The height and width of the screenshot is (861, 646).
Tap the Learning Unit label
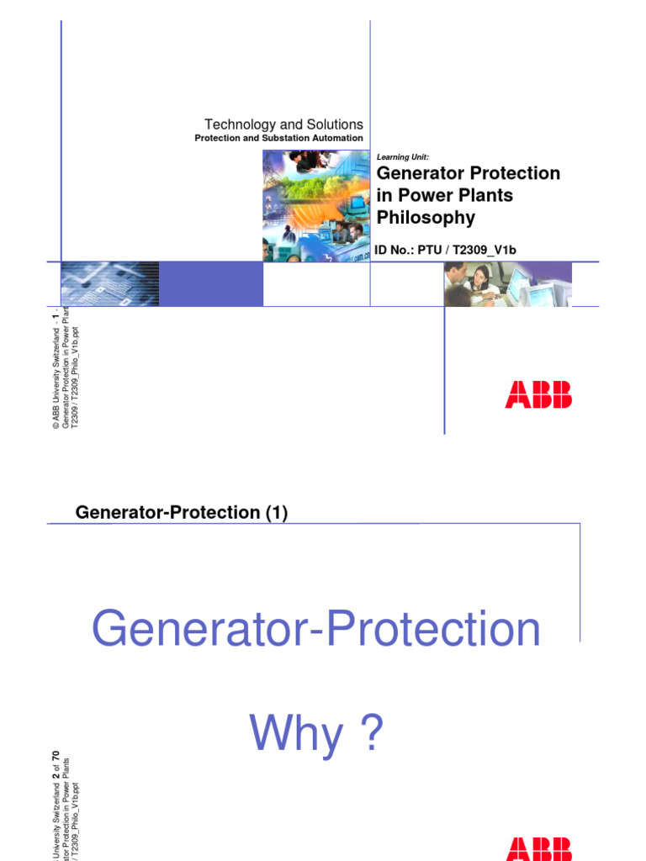coord(402,157)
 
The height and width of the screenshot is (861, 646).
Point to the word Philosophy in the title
coord(426,218)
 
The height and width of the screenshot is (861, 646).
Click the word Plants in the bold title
coord(484,196)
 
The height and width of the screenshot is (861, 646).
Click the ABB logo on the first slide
coord(537,394)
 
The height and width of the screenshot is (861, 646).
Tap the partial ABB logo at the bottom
coord(537,851)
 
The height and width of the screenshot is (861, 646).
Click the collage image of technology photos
coord(316,205)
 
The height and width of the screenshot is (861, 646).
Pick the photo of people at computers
coord(507,284)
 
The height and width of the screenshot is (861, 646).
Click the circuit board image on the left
coord(110,284)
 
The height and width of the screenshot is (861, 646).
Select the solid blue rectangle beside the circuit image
coord(210,284)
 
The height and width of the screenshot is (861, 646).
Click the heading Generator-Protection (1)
coord(182,513)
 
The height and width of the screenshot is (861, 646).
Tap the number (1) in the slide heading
coord(273,513)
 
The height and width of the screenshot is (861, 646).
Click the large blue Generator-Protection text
coord(315,631)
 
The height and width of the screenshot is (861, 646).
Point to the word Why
coord(296,735)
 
